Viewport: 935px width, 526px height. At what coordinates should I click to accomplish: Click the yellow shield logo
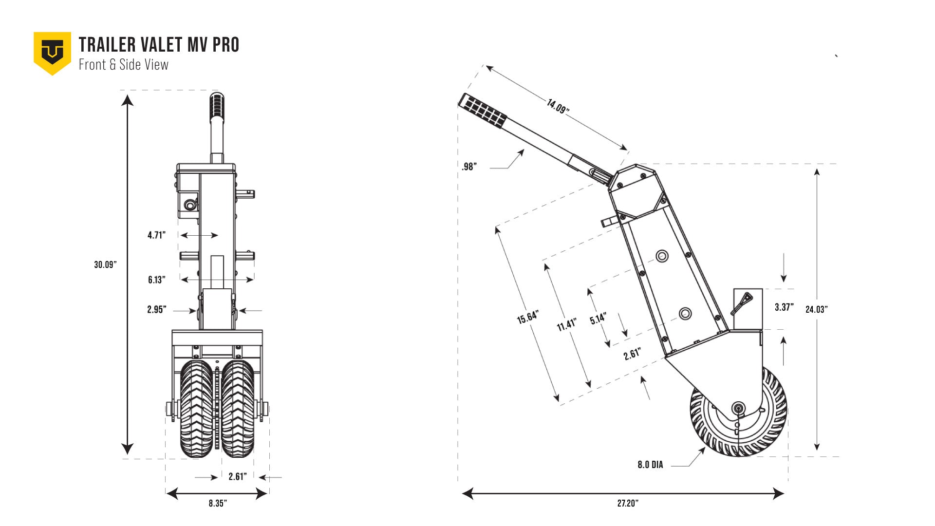coord(52,53)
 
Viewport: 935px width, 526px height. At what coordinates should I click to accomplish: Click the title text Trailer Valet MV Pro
coord(159,45)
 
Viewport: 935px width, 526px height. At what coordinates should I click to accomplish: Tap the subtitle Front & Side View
coord(124,65)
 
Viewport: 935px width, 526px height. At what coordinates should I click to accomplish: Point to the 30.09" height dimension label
coord(106,264)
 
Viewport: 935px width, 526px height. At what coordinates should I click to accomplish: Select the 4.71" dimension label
coord(157,235)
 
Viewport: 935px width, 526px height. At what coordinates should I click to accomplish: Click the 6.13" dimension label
coord(157,280)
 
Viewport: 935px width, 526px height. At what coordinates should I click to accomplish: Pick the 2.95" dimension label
coord(157,310)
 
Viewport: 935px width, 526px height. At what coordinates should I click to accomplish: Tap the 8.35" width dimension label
coord(218,503)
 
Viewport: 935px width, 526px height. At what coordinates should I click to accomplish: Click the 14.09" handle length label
coord(558,106)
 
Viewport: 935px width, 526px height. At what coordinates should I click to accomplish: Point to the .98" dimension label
coord(469,167)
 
